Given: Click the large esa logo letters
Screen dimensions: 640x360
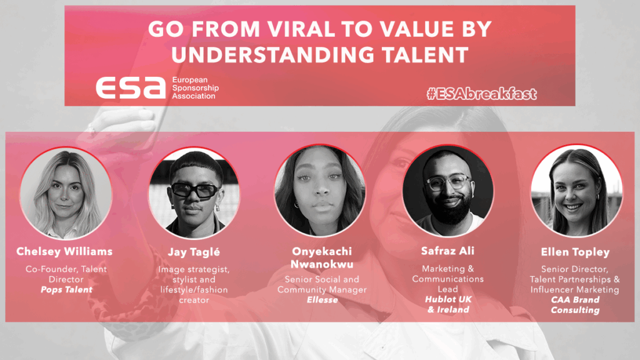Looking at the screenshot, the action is (x=131, y=87).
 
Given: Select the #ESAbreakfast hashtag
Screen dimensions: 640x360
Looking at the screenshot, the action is (x=482, y=94).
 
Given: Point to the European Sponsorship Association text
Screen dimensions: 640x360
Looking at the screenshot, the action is (x=195, y=87).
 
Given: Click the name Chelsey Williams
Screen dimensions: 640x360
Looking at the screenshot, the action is (x=64, y=251).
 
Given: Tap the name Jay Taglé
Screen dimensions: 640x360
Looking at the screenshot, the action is (x=194, y=252).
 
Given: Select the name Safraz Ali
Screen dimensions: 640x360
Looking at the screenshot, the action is (x=447, y=251).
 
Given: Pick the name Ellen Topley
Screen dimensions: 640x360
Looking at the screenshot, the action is (x=575, y=252).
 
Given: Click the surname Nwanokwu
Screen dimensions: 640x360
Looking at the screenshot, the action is (x=322, y=264).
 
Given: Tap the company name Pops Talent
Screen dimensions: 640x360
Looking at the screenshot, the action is (x=66, y=290).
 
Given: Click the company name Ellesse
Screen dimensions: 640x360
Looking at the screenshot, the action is (x=322, y=300).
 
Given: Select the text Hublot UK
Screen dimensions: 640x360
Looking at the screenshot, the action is (x=448, y=299).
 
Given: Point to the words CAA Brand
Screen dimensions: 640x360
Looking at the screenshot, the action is (x=575, y=299).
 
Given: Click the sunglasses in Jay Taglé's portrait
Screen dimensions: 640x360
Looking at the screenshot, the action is (x=196, y=190).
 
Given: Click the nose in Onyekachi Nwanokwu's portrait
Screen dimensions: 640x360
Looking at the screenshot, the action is (x=321, y=190).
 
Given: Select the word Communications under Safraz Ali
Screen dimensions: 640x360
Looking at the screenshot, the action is (x=447, y=279).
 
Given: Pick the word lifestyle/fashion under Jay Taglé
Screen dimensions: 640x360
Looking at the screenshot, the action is (x=194, y=290).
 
